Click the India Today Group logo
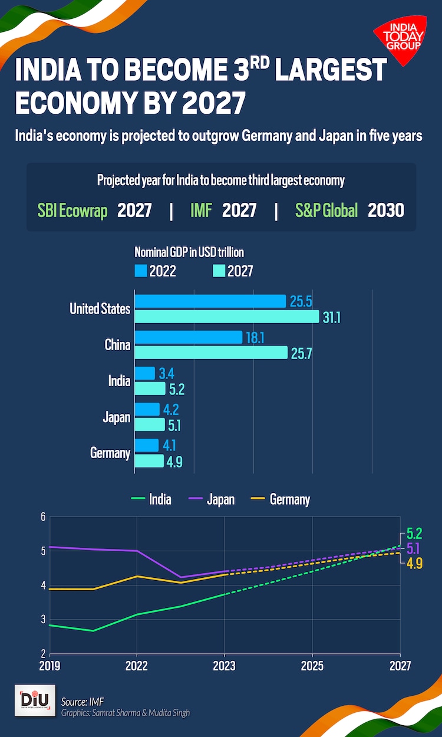coord(399,38)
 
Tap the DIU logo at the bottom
coord(35,700)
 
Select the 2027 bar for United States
coord(227,317)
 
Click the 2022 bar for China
coord(189,337)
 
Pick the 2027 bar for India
coord(150,389)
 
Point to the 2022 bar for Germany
coord(147,445)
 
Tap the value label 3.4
coord(167,373)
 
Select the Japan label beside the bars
coord(117,417)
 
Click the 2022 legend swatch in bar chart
coord(141,271)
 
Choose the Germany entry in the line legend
coord(289,499)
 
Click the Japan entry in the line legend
coord(220,499)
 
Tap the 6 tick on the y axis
coord(42,518)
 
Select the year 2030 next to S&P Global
coord(386,210)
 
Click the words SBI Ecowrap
coord(72,210)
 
